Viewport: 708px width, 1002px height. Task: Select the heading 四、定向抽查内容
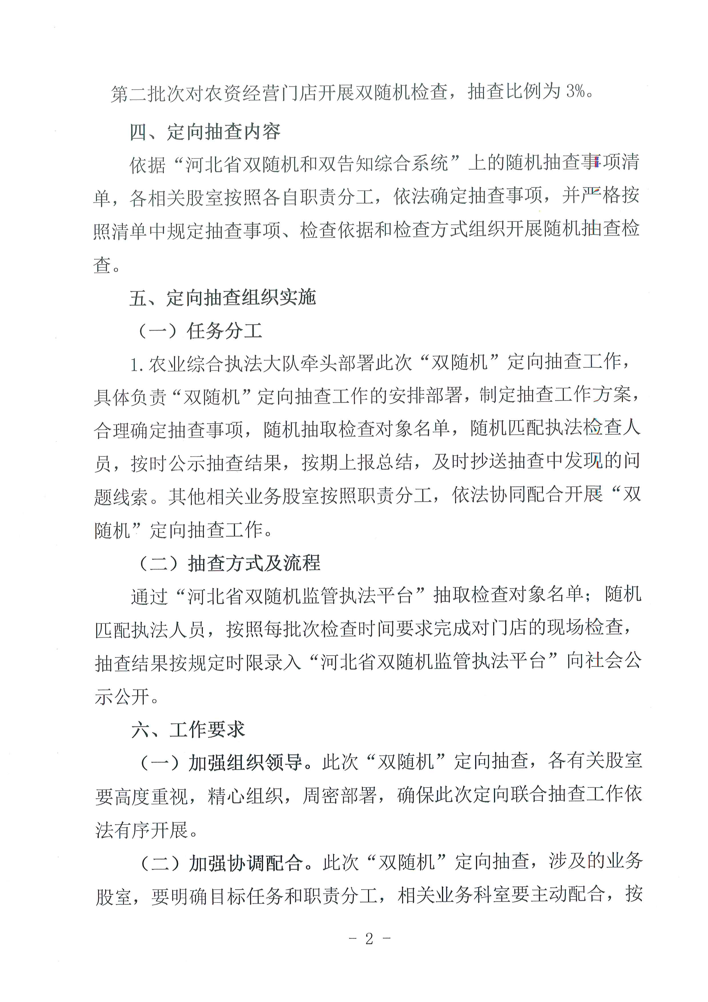click(205, 132)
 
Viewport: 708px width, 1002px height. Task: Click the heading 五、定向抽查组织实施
click(222, 298)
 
